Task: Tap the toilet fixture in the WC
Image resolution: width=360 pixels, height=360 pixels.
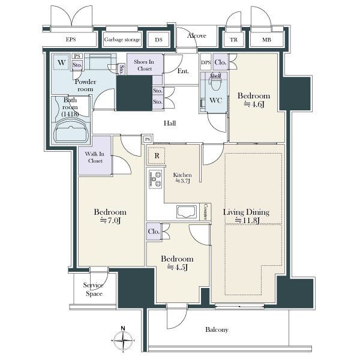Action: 215,83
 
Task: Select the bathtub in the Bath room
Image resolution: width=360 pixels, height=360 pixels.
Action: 71,131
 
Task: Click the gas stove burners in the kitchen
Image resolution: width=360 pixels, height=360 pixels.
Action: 155,179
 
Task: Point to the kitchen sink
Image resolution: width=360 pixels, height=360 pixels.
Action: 187,211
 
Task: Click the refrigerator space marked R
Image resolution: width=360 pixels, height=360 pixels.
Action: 157,155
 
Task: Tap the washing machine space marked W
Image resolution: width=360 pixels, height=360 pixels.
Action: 61,62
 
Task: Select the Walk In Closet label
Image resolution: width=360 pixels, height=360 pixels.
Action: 95,157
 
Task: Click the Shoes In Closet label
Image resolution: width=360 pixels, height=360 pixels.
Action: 144,65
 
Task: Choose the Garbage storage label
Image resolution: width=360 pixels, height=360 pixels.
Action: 122,40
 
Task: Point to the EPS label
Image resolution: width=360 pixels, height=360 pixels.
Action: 71,39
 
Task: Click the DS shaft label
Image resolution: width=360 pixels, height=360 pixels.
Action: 158,40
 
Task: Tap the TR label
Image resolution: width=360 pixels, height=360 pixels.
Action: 233,40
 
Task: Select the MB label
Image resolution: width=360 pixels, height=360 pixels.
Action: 266,40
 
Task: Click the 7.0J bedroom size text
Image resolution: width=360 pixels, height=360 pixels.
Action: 110,221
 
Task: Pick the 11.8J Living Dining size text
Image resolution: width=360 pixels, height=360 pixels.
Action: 247,221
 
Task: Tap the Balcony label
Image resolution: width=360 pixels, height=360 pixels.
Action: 217,329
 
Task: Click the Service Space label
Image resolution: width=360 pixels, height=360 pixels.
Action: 93,289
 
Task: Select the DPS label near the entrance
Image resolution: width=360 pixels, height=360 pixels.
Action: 206,62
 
